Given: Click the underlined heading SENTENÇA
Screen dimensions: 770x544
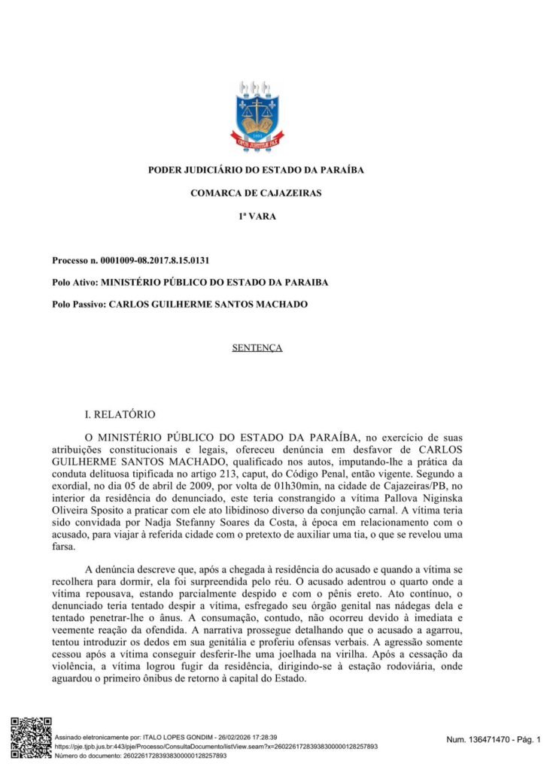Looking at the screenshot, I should coord(257,348).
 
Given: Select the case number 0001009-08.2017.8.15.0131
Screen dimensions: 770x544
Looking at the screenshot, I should coord(155,261).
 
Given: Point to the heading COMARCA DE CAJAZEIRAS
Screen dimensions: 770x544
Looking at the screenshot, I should coord(257,193).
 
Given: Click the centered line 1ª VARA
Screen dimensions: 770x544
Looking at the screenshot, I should coord(257,217).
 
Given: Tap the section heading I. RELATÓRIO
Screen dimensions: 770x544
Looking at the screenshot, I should coord(120,414).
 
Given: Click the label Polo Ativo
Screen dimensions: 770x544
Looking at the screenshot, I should coord(74,283).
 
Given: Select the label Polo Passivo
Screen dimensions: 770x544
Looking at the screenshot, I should coord(79,305).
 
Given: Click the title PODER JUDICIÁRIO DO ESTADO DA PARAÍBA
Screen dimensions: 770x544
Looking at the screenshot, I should coord(257,170).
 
